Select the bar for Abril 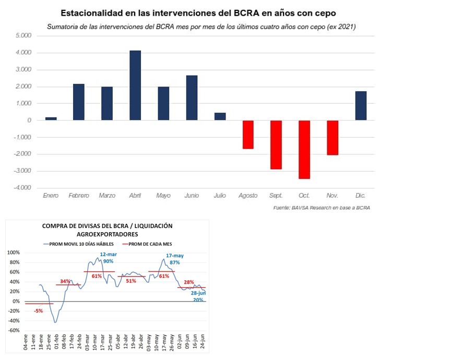click(x=135, y=86)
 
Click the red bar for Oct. click(x=304, y=150)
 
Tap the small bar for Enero click(x=51, y=118)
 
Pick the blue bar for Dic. click(x=361, y=106)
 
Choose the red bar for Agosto click(x=248, y=135)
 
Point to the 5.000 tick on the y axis click(x=24, y=35)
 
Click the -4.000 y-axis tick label click(x=23, y=188)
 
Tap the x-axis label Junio click(x=191, y=196)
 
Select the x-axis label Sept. click(x=276, y=196)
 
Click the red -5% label click(x=39, y=311)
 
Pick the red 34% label click(x=65, y=281)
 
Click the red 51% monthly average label click(x=130, y=281)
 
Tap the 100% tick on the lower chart click(x=13, y=253)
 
